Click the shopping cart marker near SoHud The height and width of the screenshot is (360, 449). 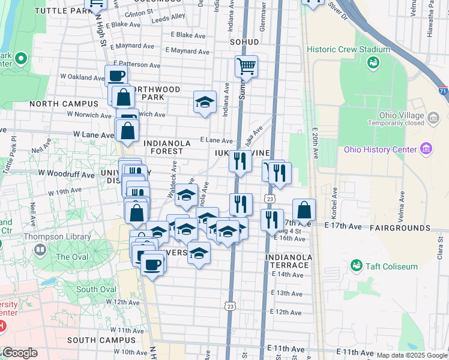pos(246,67)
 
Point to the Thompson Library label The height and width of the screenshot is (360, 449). pos(57,236)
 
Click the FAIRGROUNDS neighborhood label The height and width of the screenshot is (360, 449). pos(400,228)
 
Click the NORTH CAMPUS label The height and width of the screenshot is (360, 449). pos(64,103)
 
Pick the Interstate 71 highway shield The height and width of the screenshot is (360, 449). pos(442,91)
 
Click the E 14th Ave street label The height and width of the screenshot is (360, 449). pos(288,274)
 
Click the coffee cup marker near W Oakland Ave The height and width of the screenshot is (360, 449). pos(116,76)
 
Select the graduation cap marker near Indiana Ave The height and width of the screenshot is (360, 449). pos(205,102)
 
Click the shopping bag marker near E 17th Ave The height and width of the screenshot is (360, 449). pos(304,210)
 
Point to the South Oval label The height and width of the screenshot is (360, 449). pos(96,289)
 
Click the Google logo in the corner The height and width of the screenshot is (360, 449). pos(20,353)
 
